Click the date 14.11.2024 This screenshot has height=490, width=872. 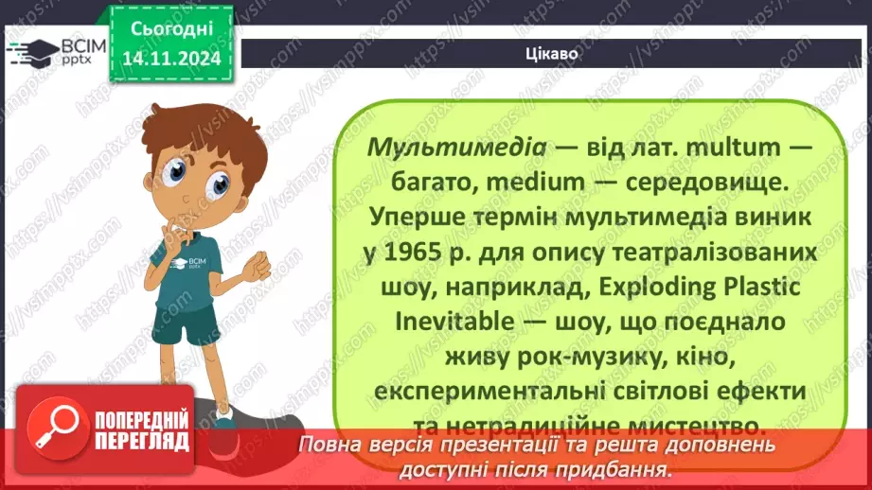[x=170, y=59]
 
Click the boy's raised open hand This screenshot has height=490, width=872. [x=257, y=268]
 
